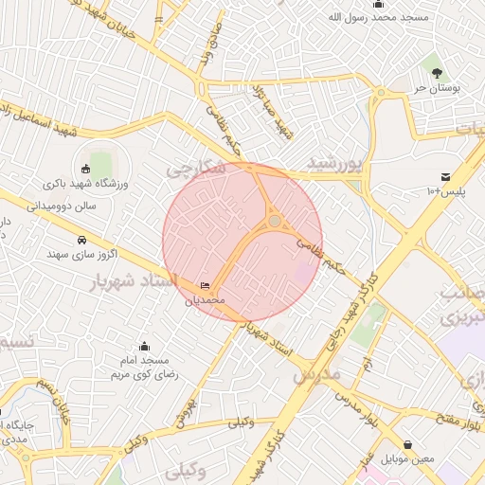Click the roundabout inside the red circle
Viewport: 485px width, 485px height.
coord(275,222)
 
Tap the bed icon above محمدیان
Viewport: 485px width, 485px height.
coord(206,286)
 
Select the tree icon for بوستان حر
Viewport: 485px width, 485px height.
coord(437,73)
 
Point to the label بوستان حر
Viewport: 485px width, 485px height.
coord(436,87)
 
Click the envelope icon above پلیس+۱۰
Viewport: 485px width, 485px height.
coord(445,177)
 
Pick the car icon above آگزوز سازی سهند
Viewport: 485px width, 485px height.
coord(82,240)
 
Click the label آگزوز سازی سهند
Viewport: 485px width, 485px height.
coord(82,254)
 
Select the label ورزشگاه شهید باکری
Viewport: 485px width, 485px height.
coord(87,184)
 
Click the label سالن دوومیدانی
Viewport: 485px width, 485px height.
coord(65,203)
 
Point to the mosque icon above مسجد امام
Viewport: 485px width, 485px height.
coord(144,347)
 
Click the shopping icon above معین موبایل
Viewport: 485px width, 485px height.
coord(408,444)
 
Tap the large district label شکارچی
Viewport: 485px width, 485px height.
coord(196,169)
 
